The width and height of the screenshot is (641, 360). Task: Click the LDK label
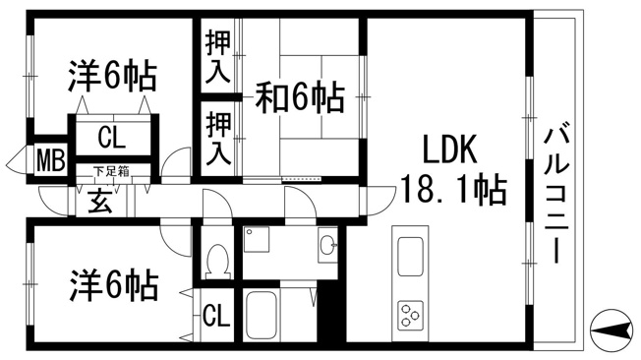pos(449,150)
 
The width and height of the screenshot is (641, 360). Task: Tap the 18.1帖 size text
pos(454,190)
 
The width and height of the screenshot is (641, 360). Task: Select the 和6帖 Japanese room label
pos(300,97)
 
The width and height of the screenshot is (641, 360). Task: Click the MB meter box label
pos(51,160)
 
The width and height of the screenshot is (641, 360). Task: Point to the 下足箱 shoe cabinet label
pos(112,171)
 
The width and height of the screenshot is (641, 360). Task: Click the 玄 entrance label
pos(100,201)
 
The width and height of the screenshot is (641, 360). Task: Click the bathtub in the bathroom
pos(262,315)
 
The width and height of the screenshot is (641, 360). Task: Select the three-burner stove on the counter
pos(410,315)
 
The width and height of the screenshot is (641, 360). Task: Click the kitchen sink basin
pos(410,257)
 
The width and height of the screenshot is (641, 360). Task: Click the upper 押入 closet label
pos(218,56)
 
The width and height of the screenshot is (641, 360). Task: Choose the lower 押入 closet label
pos(218,139)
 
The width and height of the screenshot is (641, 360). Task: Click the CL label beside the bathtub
pos(216,315)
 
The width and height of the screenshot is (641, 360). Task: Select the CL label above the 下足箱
pos(111,138)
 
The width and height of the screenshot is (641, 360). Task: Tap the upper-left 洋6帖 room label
pos(112,76)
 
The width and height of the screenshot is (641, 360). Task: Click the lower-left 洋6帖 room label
pos(114,285)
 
